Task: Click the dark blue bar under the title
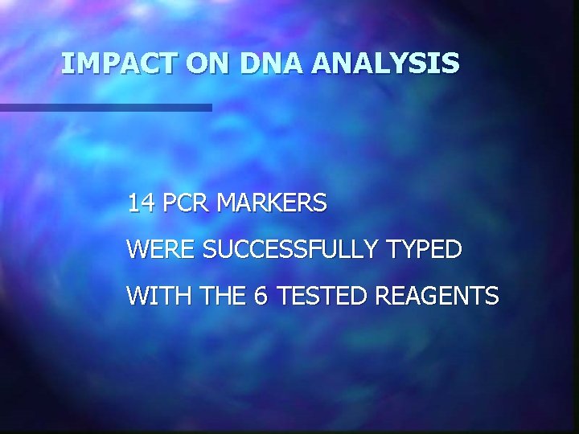pyautogui.click(x=105, y=107)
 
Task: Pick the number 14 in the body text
pyautogui.click(x=141, y=204)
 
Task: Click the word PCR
pyautogui.click(x=186, y=204)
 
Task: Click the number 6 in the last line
pyautogui.click(x=260, y=297)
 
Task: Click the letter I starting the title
pyautogui.click(x=66, y=63)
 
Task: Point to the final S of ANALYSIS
pyautogui.click(x=452, y=63)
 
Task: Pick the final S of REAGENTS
pyautogui.click(x=492, y=297)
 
